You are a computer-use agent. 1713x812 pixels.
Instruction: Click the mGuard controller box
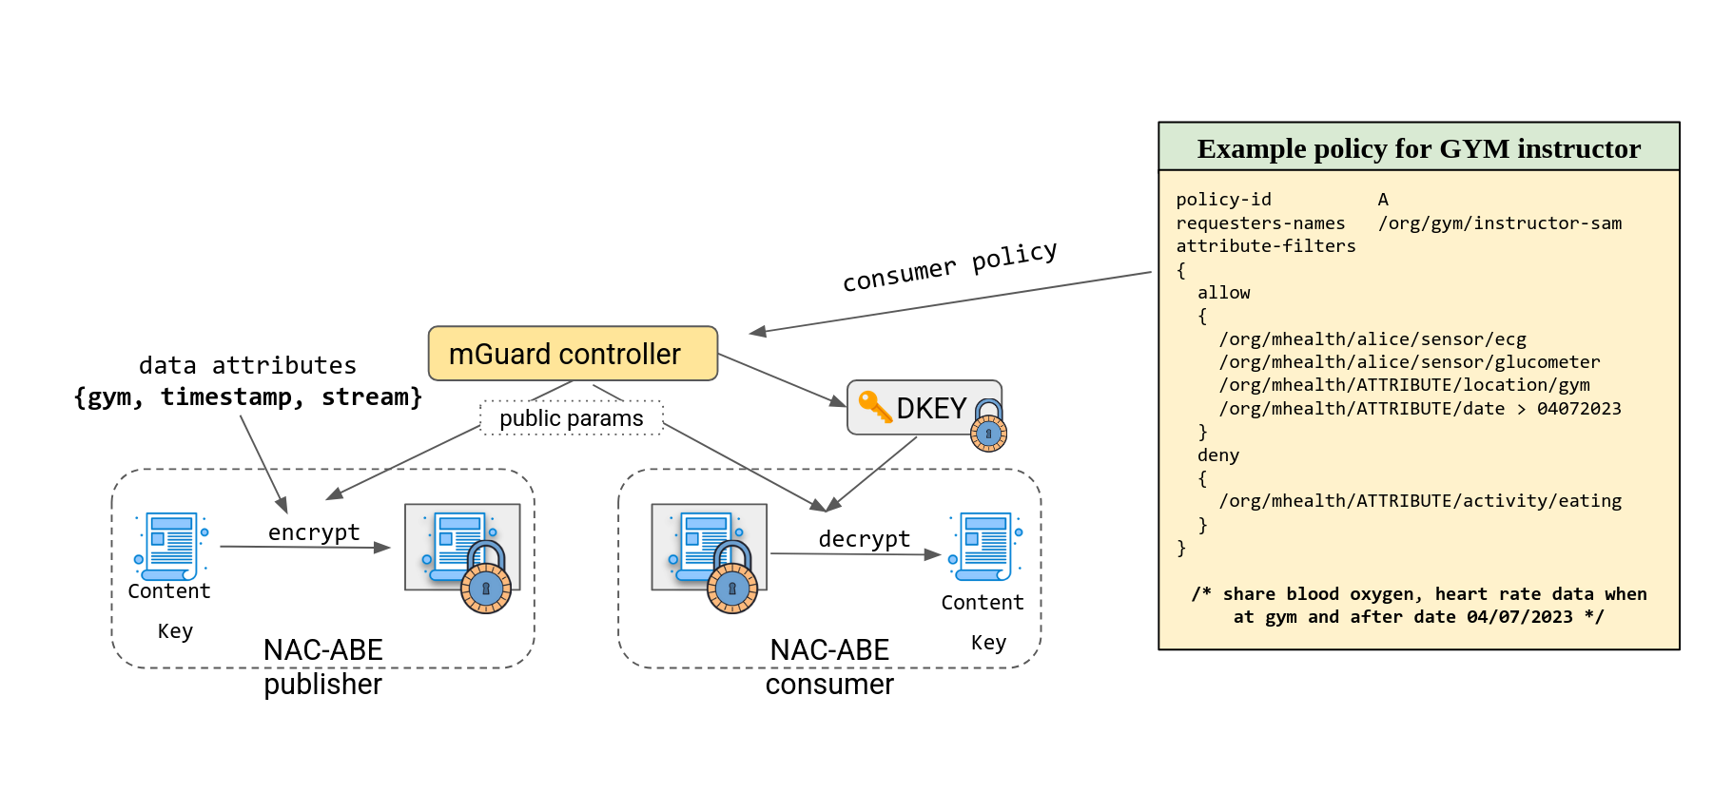pos(573,354)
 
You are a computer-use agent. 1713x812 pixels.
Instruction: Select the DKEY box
pos(924,408)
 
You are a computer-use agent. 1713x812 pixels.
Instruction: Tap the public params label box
pos(571,418)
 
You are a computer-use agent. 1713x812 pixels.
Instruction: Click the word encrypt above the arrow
pos(314,532)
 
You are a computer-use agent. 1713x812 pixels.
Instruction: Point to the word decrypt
pos(864,539)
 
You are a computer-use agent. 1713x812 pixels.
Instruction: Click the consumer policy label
pos(949,266)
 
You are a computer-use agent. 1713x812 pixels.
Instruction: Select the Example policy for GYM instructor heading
pos(1418,148)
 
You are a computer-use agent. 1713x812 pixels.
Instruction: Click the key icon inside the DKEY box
pos(874,406)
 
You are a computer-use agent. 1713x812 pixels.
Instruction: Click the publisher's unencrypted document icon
pos(171,546)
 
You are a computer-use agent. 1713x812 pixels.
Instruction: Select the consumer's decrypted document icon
pos(985,546)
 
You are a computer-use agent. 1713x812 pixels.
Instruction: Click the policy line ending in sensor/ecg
pos(1372,339)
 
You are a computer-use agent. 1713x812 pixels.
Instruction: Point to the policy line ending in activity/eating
pos(1420,501)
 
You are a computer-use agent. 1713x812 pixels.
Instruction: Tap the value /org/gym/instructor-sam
pos(1500,223)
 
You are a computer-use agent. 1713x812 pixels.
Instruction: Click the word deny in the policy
pos(1218,455)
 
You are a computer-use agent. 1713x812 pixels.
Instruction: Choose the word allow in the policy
pos(1223,293)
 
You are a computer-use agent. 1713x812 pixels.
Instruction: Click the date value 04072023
pos(1579,409)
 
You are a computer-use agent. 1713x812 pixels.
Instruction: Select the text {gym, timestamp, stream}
pos(247,396)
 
